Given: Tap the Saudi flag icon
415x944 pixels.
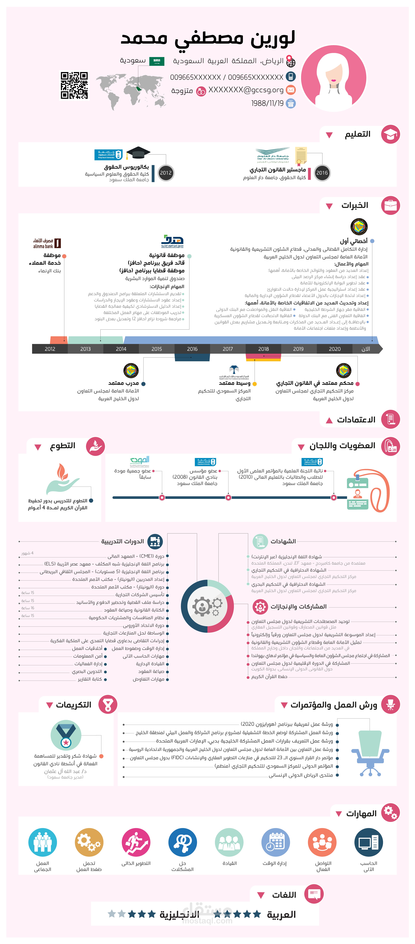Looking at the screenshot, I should pyautogui.click(x=157, y=61).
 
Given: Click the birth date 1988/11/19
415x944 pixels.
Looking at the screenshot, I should pyautogui.click(x=267, y=103).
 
